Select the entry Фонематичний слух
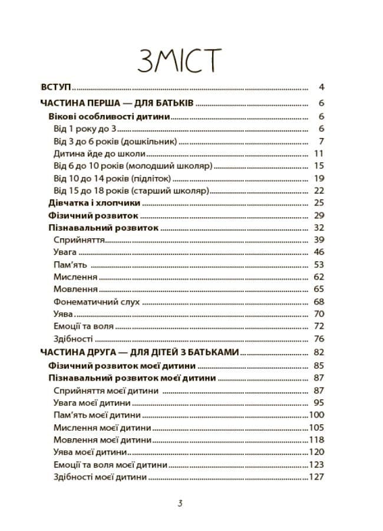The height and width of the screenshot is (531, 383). (97, 301)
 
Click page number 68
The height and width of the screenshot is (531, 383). (319, 301)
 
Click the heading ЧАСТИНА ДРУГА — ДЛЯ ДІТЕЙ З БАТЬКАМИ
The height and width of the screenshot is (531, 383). (140, 352)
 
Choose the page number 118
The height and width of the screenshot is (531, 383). (317, 440)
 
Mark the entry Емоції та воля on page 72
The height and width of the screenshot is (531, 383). (83, 326)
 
